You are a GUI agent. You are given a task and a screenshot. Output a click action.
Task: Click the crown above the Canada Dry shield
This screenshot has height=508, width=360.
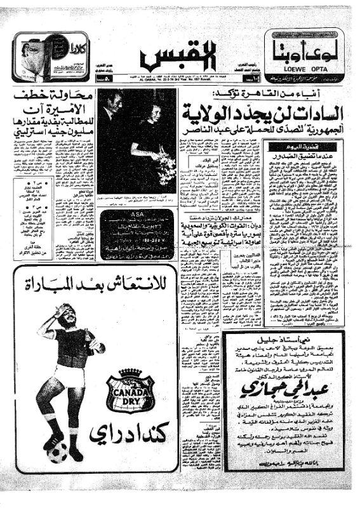[131, 371]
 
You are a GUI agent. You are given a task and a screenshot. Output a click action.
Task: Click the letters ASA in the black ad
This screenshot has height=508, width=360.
[134, 215]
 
